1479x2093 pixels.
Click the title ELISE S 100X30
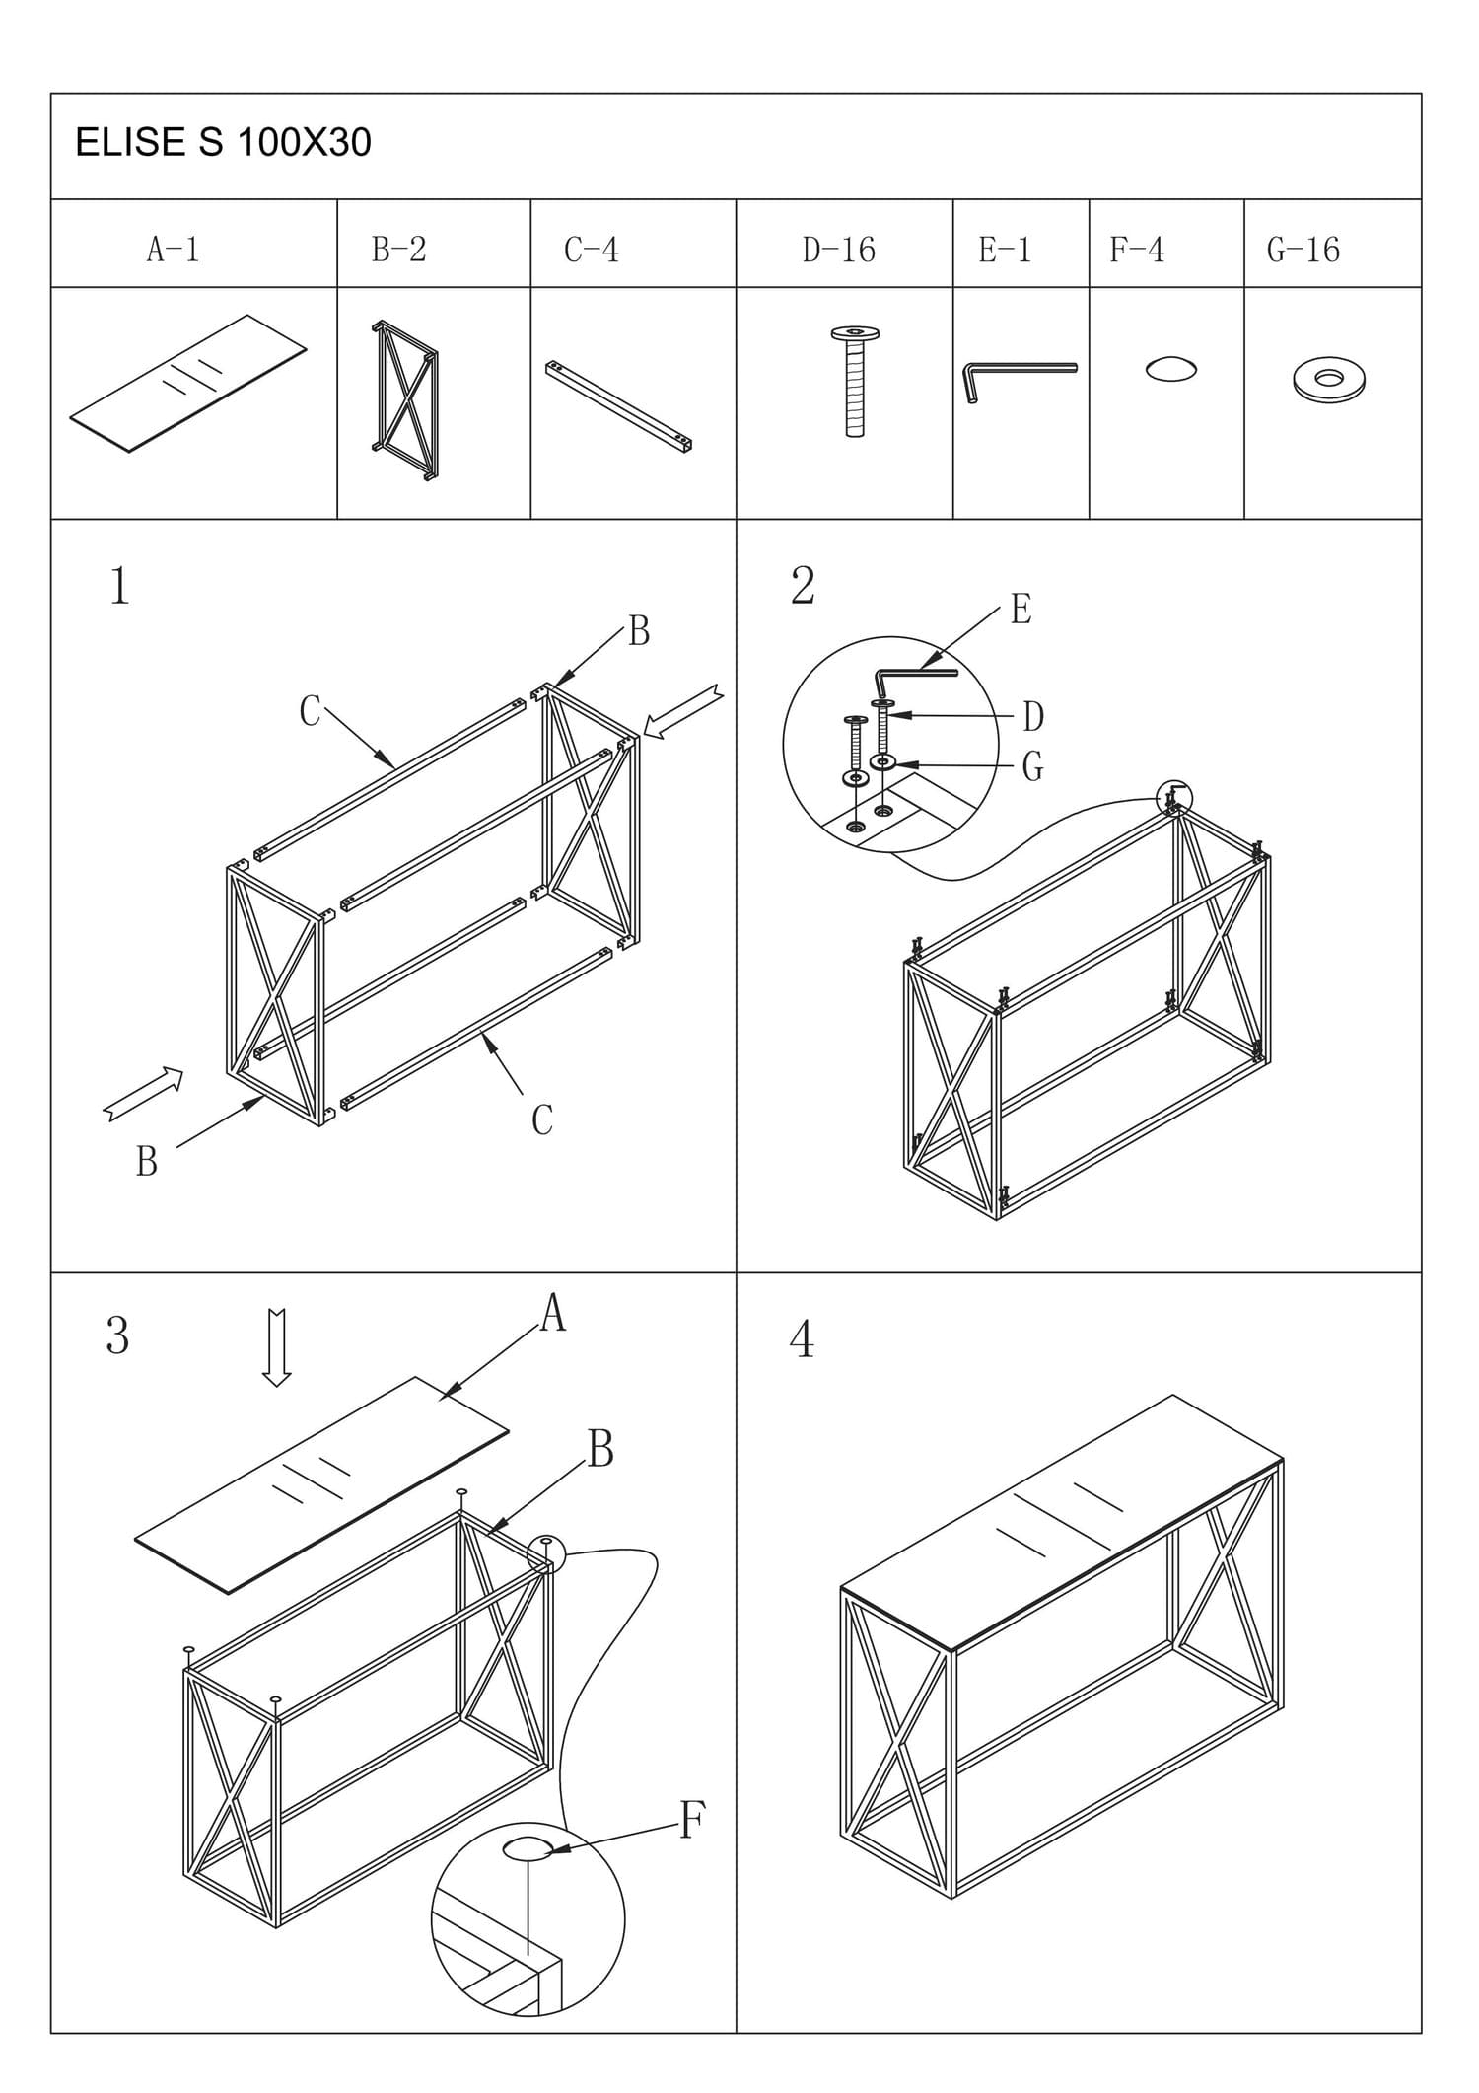(223, 143)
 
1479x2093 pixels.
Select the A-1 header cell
(174, 250)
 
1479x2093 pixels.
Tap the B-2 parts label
(398, 250)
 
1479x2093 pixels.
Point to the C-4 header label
(592, 250)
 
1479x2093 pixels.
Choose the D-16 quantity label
(838, 250)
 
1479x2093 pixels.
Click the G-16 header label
(1303, 250)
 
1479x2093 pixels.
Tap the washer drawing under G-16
(1329, 380)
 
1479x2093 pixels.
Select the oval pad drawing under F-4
(1171, 369)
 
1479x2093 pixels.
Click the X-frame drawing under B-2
(405, 399)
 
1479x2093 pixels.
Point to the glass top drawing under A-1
(188, 383)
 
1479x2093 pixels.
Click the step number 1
(119, 586)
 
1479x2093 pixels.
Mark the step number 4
(803, 1339)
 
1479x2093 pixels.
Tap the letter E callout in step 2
(1021, 610)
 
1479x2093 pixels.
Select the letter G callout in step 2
(1032, 766)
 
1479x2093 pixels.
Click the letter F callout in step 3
(692, 1820)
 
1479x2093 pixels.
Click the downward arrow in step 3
(277, 1346)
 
